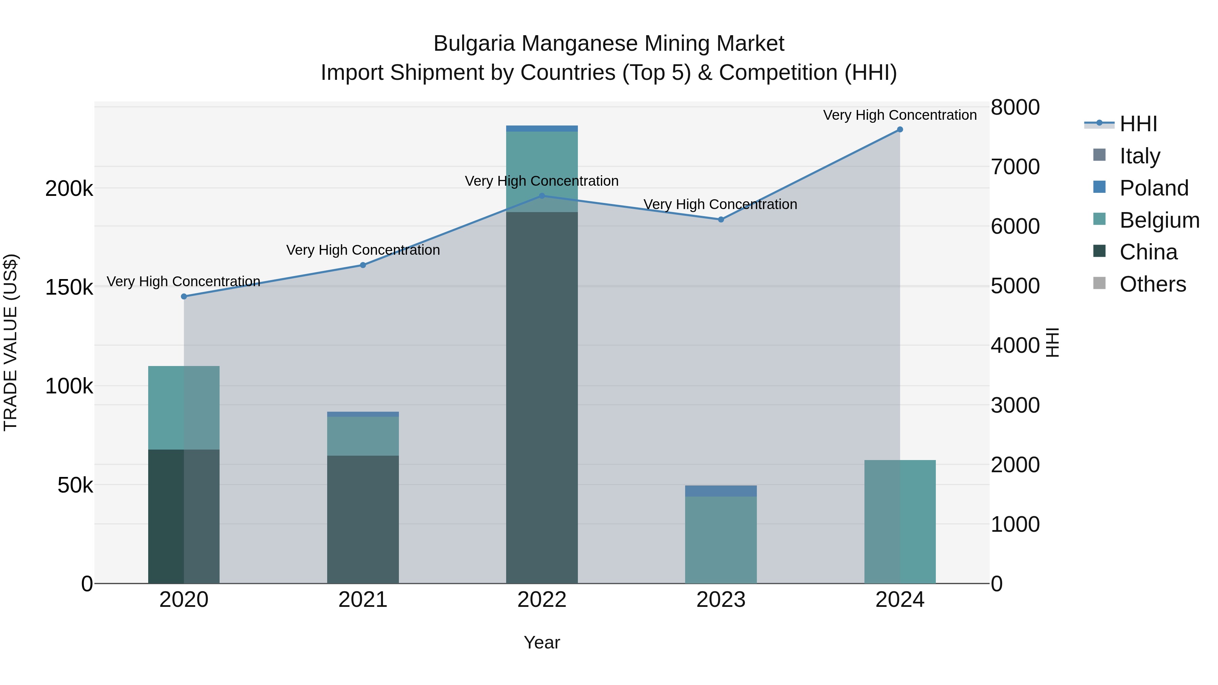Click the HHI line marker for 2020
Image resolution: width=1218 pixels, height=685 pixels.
pos(184,296)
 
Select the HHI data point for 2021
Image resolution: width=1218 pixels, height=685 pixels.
pos(363,265)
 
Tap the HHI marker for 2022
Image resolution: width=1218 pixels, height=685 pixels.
pos(542,196)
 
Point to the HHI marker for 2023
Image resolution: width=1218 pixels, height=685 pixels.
pos(721,219)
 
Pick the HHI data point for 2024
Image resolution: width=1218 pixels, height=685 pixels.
pos(900,130)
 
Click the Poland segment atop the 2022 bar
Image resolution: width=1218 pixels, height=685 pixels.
pos(542,129)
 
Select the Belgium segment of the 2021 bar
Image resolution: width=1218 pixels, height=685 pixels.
pos(363,436)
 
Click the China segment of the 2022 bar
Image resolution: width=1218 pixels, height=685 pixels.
pos(542,397)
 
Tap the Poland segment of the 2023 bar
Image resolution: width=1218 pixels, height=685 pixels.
pos(721,491)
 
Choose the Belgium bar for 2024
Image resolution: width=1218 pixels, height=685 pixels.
pos(900,521)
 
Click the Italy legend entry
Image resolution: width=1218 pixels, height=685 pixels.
pos(1140,156)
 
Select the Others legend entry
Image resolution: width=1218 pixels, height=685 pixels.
pos(1152,284)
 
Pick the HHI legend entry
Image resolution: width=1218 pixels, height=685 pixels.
pos(1138,124)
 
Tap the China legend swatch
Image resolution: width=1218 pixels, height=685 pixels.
pos(1099,251)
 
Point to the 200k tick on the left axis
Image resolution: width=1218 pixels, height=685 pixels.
pos(69,189)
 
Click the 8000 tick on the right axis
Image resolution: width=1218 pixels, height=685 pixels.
pos(1015,107)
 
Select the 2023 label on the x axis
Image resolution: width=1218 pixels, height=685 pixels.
pos(721,600)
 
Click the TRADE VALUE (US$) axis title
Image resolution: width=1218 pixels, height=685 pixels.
pos(11,342)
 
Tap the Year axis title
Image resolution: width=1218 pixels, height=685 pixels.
pos(542,642)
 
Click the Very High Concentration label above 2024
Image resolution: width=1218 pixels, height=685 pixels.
pos(900,115)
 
